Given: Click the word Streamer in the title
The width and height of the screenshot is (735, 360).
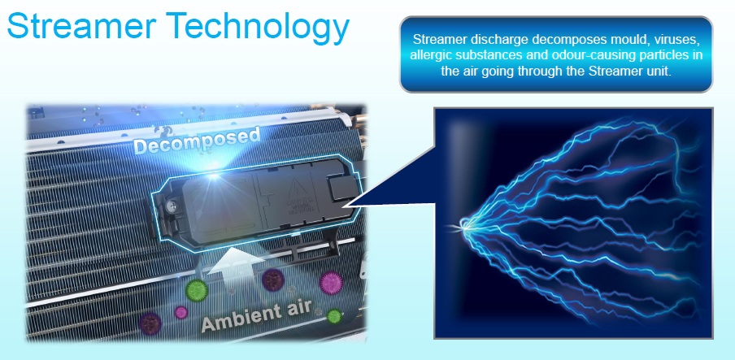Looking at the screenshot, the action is pyautogui.click(x=81, y=25).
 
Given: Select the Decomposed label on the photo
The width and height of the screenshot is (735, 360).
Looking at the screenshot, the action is pyautogui.click(x=197, y=140).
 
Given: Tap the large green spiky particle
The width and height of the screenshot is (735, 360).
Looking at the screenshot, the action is pyautogui.click(x=197, y=290).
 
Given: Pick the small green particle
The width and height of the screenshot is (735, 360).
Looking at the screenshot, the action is pyautogui.click(x=333, y=316).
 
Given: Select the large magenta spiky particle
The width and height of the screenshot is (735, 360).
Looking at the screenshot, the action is pyautogui.click(x=331, y=283).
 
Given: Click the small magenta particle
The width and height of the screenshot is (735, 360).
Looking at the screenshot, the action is pyautogui.click(x=181, y=312).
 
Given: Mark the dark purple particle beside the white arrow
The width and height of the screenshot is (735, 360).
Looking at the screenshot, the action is pyautogui.click(x=273, y=280).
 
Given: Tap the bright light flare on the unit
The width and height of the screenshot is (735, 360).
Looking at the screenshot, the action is pyautogui.click(x=214, y=176).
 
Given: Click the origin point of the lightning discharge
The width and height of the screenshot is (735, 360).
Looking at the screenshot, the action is pyautogui.click(x=464, y=227).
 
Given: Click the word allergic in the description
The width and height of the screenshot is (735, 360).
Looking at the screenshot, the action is pyautogui.click(x=427, y=54).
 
